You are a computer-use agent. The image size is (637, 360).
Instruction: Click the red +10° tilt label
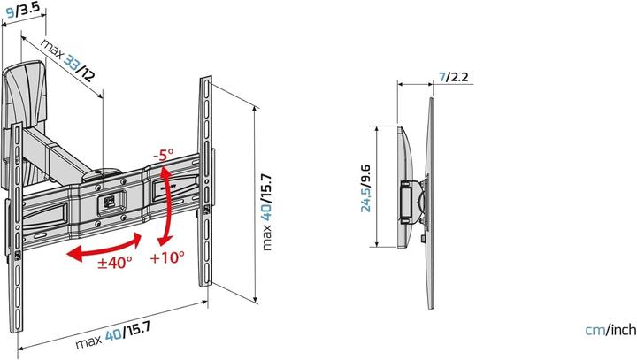tap(167, 258)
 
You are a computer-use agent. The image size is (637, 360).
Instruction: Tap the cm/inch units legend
tap(610, 330)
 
